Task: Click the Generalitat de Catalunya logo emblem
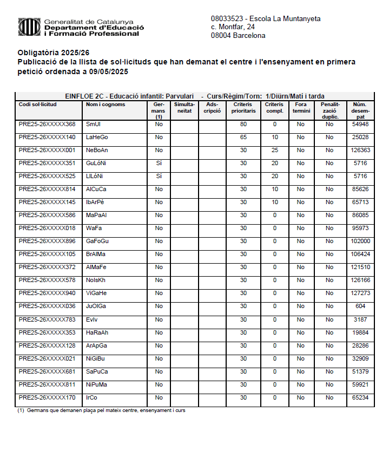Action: click(29, 27)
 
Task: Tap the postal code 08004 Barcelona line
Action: click(238, 36)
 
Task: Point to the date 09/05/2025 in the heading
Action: click(109, 71)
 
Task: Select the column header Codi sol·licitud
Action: click(42, 104)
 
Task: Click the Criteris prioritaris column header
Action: click(243, 107)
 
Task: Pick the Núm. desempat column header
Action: click(360, 110)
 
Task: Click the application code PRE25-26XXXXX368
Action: click(47, 125)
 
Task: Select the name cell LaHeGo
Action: click(97, 138)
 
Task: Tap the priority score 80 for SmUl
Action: click(243, 125)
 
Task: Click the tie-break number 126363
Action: click(360, 151)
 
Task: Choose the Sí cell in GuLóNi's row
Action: click(159, 164)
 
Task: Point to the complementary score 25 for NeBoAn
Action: click(275, 151)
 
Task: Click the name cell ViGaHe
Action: click(96, 293)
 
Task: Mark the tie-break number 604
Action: click(360, 306)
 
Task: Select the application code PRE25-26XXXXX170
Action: click(47, 397)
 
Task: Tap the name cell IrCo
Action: click(91, 397)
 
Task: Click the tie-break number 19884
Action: click(360, 332)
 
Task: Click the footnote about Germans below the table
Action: click(101, 410)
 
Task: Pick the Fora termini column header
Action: click(301, 107)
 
